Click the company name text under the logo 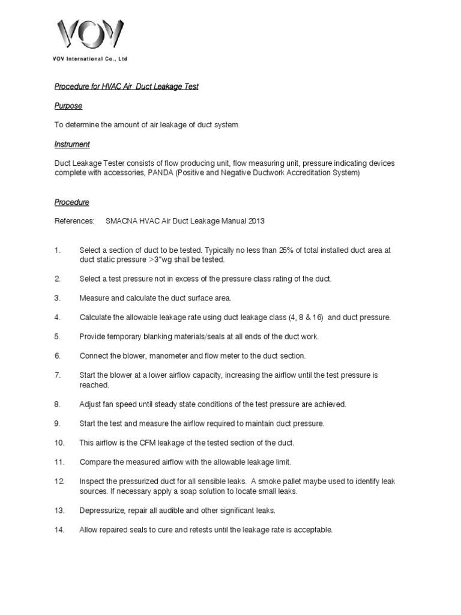point(90,59)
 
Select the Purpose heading point(68,106)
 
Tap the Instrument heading point(72,144)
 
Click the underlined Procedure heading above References point(72,202)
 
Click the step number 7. point(58,375)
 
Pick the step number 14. point(59,530)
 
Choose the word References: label point(74,221)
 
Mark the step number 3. point(58,298)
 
